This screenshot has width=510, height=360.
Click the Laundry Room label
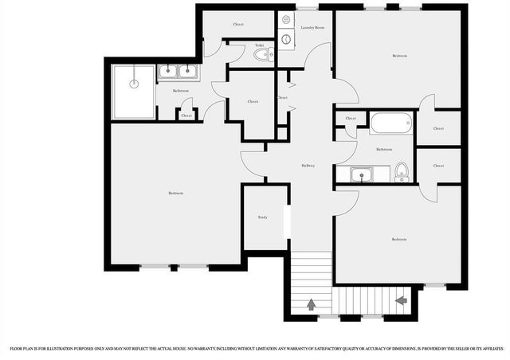tap(313, 28)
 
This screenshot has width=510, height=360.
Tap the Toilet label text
tap(259, 45)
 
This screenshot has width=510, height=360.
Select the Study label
tap(262, 217)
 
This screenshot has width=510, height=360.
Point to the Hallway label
tap(308, 166)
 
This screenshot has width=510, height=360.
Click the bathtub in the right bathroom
tap(391, 123)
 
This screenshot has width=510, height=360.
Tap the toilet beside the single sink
tap(402, 172)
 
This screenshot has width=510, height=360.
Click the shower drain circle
tap(133, 81)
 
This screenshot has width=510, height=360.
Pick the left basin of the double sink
tap(169, 73)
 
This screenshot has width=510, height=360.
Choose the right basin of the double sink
tap(189, 73)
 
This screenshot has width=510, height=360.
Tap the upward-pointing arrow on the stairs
tap(311, 304)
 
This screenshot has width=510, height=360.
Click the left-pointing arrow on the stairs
tap(401, 299)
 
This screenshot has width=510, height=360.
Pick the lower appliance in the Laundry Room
tap(286, 38)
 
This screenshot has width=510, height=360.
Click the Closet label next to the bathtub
tap(351, 119)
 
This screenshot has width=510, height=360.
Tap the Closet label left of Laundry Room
tap(238, 24)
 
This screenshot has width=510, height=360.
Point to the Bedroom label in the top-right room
tap(399, 56)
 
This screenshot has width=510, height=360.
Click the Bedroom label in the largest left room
tap(175, 194)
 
